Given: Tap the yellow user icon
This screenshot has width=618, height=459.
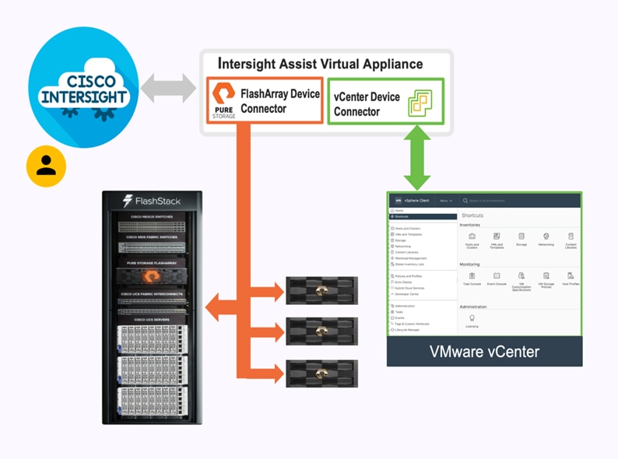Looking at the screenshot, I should point(46,166).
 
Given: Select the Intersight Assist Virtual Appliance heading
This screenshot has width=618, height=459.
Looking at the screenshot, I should point(321,64).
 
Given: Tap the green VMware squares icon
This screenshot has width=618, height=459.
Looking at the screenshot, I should point(420,103).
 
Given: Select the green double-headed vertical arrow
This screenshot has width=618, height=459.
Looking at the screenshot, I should point(417,159).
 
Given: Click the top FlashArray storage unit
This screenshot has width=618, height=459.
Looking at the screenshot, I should point(321,289).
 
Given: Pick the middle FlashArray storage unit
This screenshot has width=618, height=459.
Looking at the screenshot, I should point(321,331).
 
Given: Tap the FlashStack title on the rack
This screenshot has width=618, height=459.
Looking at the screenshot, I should point(152,201).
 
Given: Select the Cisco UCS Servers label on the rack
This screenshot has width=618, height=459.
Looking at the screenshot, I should point(151,320).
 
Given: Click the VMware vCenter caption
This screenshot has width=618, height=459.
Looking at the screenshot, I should point(484,352).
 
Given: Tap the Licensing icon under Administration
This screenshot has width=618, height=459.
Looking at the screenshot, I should point(472,321).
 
